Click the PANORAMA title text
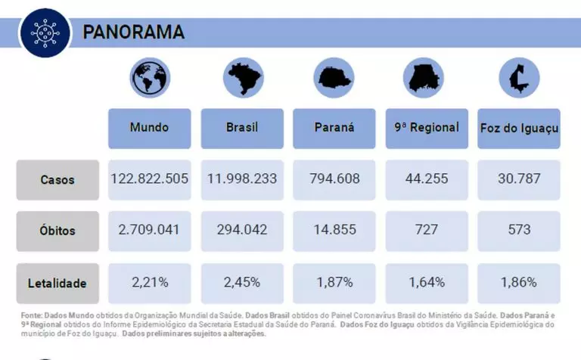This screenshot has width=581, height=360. pyautogui.click(x=133, y=33)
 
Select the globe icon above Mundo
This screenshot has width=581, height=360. pyautogui.click(x=149, y=77)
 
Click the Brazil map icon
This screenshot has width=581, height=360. pyautogui.click(x=242, y=77)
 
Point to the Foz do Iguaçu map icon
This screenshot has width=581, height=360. pyautogui.click(x=519, y=76)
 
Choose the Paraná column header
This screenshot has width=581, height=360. pyautogui.click(x=334, y=128)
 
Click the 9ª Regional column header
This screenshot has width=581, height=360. pyautogui.click(x=426, y=128)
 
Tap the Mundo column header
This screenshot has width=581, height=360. pyautogui.click(x=149, y=128)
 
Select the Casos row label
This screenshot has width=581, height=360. pyautogui.click(x=57, y=180)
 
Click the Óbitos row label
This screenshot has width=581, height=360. pyautogui.click(x=57, y=231)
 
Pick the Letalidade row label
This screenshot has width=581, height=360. pyautogui.click(x=57, y=284)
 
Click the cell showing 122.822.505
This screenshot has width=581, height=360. pyautogui.click(x=149, y=180)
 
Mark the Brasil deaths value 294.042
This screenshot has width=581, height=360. pyautogui.click(x=242, y=230)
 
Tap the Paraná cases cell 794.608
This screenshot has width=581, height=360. pyautogui.click(x=334, y=180)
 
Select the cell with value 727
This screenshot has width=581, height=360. pyautogui.click(x=426, y=230)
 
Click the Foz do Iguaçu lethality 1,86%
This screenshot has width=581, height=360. pyautogui.click(x=519, y=283)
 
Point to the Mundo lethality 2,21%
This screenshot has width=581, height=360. pyautogui.click(x=149, y=283)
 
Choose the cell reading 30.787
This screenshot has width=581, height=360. pyautogui.click(x=519, y=180)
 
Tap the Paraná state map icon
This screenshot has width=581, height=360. pyautogui.click(x=334, y=77)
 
